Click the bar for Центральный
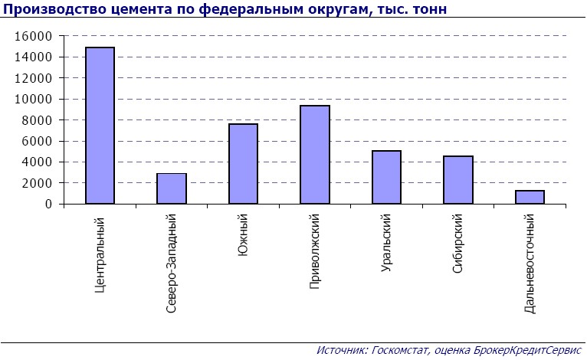click(100, 126)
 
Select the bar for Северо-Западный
click(172, 188)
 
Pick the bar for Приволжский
click(315, 155)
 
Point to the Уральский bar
click(386, 177)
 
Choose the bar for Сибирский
click(458, 180)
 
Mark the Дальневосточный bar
click(530, 197)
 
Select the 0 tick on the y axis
click(48, 204)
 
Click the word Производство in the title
click(48, 9)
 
